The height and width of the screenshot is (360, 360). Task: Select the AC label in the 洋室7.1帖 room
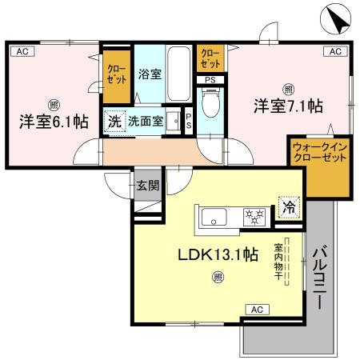tap(335, 51)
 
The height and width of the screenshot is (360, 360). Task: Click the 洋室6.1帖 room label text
tap(53, 122)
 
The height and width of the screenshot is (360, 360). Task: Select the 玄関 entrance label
tap(147, 186)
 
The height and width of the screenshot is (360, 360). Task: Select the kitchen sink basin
tap(216, 216)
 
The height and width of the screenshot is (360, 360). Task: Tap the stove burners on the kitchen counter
tap(254, 215)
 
